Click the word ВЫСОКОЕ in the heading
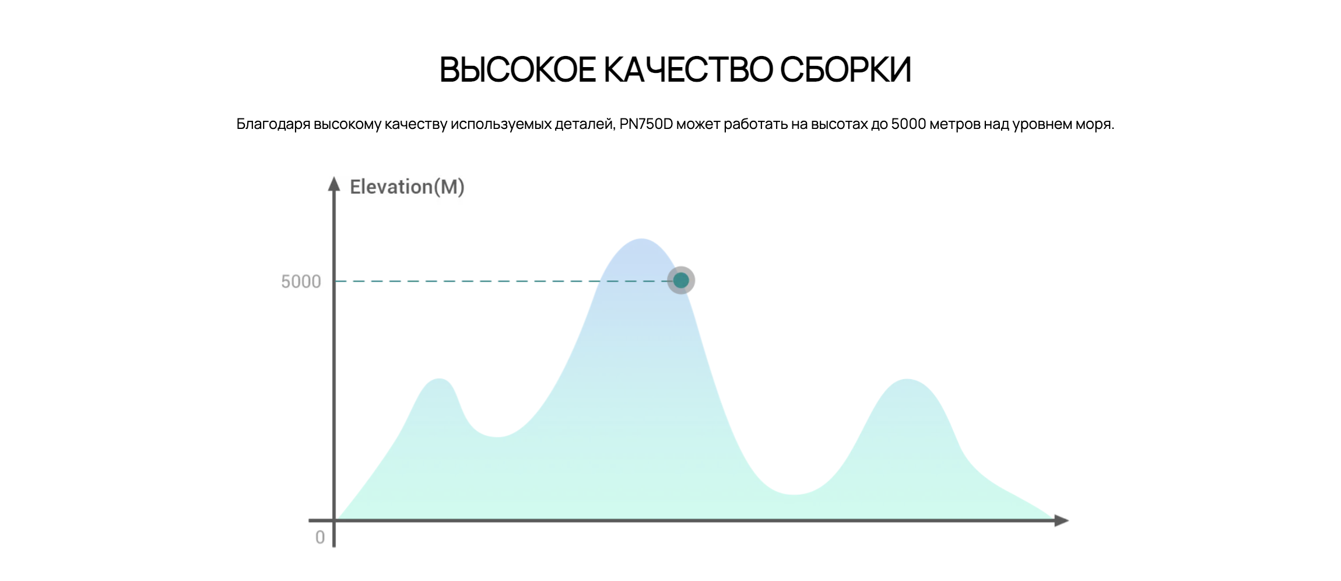tap(518, 70)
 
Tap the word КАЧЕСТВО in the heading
tap(687, 70)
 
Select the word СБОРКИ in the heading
tap(845, 70)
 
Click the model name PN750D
tap(646, 124)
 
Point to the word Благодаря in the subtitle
tap(273, 125)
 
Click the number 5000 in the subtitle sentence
tap(908, 124)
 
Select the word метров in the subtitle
tap(955, 125)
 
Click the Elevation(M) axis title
tap(407, 187)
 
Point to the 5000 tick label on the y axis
tap(301, 282)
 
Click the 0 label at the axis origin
tap(320, 537)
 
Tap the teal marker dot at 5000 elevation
tap(681, 281)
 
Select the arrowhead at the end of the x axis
tap(1062, 520)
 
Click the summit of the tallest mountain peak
tap(641, 239)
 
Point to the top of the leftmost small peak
tap(438, 379)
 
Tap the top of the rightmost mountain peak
tap(907, 380)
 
